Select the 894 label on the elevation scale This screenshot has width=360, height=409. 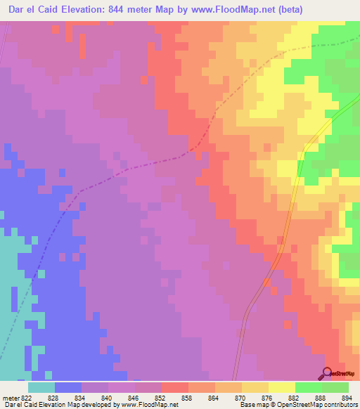pos(347,398)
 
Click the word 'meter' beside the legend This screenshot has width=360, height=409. pos(11,398)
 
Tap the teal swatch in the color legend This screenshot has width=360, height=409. pos(41,387)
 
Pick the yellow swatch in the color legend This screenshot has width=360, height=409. pos(282,387)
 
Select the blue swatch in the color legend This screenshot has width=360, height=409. pos(68,387)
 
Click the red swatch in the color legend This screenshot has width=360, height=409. pos(175,387)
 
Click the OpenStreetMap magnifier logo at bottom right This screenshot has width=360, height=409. pos(328,372)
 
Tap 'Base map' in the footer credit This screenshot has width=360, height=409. pos(253,405)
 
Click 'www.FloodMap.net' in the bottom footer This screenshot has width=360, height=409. pos(150,405)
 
